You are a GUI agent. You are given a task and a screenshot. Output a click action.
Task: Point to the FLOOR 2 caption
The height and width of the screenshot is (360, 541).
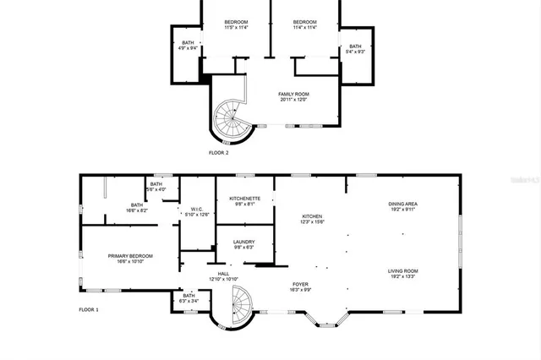tap(218, 153)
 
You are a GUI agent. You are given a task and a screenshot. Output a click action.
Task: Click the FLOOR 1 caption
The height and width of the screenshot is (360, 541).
tap(89, 310)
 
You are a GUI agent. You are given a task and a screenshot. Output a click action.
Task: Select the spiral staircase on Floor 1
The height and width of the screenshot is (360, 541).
tap(242, 302)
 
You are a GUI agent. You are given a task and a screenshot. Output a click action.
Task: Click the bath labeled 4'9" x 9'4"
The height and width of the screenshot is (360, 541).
tap(188, 46)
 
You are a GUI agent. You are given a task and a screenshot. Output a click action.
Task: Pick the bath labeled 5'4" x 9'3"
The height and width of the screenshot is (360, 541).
tap(355, 49)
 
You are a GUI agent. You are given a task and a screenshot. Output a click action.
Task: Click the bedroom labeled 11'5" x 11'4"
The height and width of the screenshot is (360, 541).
tap(236, 25)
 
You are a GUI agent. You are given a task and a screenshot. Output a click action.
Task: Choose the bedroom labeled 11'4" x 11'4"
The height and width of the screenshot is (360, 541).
tap(304, 25)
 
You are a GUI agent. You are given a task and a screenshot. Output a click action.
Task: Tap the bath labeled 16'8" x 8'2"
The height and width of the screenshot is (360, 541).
tap(137, 207)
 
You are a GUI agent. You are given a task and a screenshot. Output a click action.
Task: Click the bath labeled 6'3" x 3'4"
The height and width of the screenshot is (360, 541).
tap(189, 298)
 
